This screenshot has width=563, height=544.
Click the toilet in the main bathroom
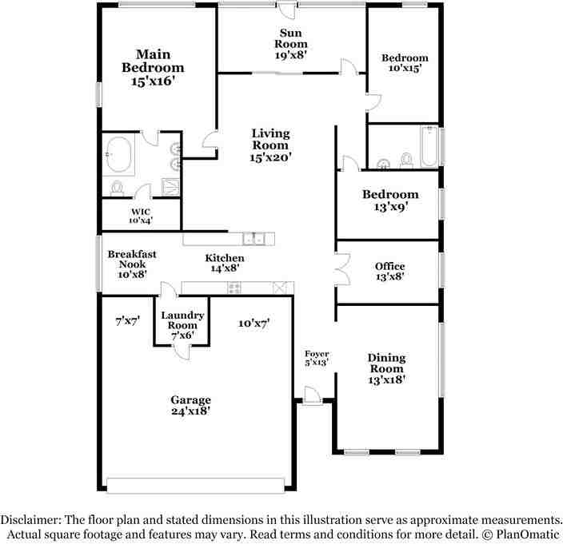(x=118, y=188)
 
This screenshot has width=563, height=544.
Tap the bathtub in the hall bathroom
(x=429, y=149)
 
